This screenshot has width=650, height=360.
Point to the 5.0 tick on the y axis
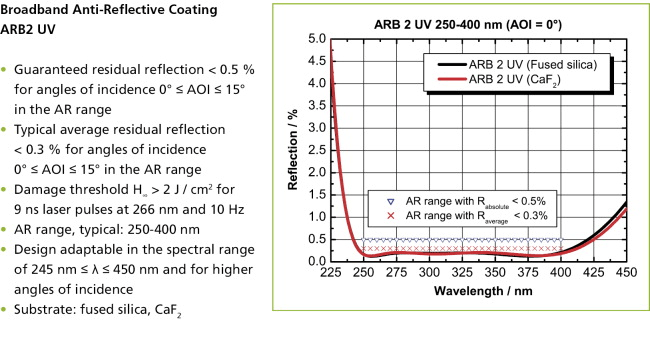pyautogui.click(x=316, y=39)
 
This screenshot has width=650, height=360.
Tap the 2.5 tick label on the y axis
pyautogui.click(x=316, y=150)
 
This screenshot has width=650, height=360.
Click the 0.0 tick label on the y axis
pyautogui.click(x=316, y=261)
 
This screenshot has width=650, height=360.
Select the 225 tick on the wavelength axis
pyautogui.click(x=332, y=273)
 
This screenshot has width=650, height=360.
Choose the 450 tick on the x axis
pyautogui.click(x=626, y=273)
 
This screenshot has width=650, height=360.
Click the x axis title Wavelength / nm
pyautogui.click(x=480, y=291)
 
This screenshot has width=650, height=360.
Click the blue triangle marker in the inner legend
pyautogui.click(x=378, y=200)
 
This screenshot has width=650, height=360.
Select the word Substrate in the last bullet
pyautogui.click(x=46, y=312)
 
